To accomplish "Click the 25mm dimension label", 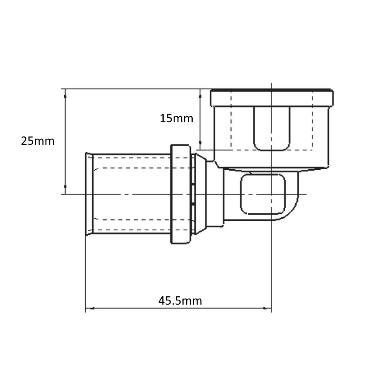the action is (x=38, y=141).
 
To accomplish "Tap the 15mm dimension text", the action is (x=176, y=118).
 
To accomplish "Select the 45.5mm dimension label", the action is (x=180, y=301).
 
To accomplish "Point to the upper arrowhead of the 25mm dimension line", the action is (x=65, y=97).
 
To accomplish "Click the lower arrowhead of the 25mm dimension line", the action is (x=65, y=186).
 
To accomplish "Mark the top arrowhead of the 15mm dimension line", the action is (x=200, y=97).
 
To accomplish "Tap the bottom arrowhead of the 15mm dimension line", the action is (x=200, y=143).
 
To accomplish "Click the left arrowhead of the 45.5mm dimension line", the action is (x=92, y=308).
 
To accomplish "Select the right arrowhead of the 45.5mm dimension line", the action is (x=265, y=308).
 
